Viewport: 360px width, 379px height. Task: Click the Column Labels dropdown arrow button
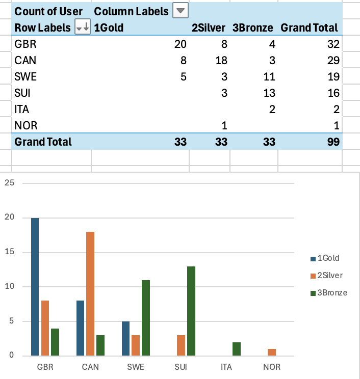181,11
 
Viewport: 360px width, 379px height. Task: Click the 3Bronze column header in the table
253,28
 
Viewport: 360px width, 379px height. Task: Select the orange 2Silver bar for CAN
90,293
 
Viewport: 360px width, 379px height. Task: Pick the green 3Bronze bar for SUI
191,311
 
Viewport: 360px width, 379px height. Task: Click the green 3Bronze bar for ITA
237,348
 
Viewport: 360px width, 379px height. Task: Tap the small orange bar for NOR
272,352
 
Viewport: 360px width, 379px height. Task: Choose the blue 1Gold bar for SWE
125,338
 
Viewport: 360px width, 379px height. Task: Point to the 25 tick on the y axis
9,183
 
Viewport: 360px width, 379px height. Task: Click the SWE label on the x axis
136,367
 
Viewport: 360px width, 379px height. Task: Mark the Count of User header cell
49,11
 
